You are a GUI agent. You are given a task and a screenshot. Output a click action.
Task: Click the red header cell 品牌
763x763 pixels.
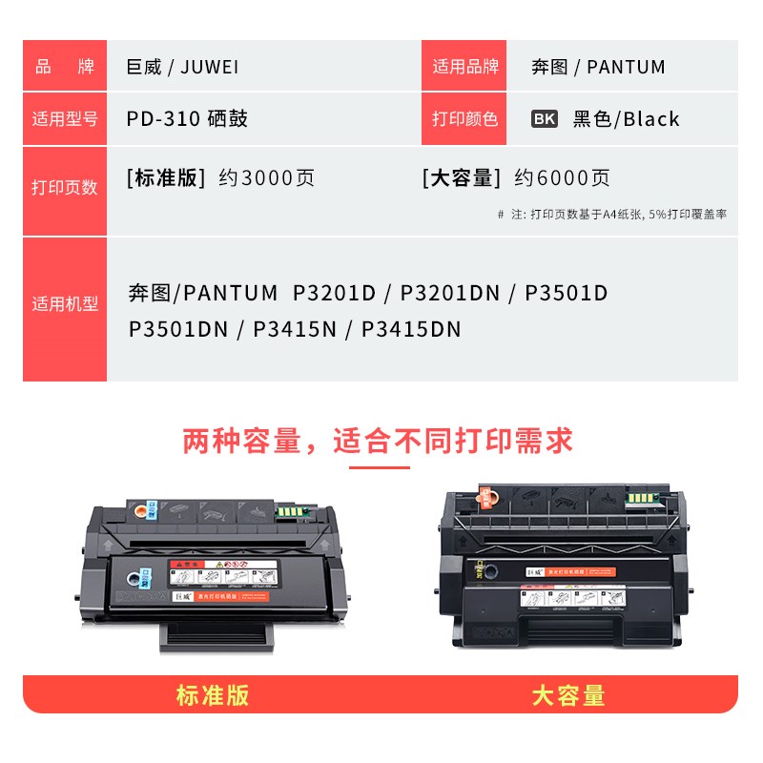[x=65, y=67]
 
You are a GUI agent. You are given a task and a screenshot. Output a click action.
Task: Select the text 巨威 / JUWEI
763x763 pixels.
[x=182, y=67]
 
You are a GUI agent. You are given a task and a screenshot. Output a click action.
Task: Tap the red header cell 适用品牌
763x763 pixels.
[x=464, y=67]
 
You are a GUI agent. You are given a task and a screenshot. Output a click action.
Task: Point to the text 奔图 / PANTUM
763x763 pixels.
[x=598, y=67]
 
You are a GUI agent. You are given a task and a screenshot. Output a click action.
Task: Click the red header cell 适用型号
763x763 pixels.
[x=65, y=119]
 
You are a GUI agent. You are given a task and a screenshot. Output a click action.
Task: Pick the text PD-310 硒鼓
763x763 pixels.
[x=187, y=119]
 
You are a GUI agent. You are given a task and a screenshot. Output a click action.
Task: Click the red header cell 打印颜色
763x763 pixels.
[x=464, y=119]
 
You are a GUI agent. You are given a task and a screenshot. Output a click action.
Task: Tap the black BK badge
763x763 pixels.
[x=545, y=119]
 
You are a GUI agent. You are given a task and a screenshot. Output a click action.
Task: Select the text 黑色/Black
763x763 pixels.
[x=626, y=119]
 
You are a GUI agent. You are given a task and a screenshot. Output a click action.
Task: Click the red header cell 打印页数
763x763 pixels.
[x=65, y=187]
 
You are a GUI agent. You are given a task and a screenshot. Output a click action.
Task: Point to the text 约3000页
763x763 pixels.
[x=266, y=177]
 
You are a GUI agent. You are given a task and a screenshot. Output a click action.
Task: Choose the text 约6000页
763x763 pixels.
[x=562, y=177]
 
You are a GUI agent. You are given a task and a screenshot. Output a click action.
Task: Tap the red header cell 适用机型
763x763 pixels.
[x=65, y=304]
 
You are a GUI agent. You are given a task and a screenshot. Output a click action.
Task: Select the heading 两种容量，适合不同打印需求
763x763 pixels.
[x=379, y=441]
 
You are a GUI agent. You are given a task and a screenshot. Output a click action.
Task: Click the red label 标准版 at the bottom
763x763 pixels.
[x=212, y=695]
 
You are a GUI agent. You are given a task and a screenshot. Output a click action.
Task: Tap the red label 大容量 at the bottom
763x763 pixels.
[x=568, y=695]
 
